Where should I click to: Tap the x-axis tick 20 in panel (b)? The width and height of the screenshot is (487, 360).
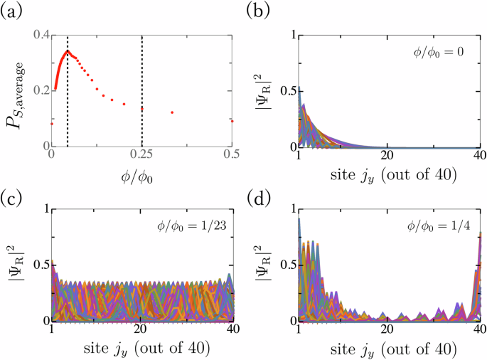pos(388,157)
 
